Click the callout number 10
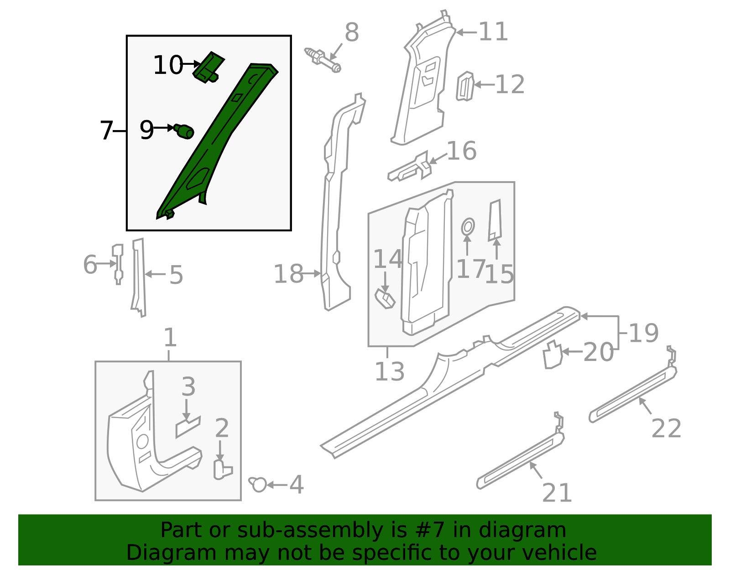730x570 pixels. pos(167,65)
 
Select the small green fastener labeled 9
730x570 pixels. pos(184,131)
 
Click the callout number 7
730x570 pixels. pos(106,131)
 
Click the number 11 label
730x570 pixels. pos(493,32)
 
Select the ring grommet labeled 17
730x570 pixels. pos(468,226)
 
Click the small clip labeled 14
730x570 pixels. pos(384,299)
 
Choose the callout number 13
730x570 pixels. pos(389,371)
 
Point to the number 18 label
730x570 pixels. pos(288,274)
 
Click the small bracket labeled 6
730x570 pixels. pos(118,264)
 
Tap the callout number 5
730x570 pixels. pos(176,276)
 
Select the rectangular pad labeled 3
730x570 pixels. pos(188,427)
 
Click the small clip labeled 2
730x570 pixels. pos(222,470)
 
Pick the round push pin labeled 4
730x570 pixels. pos(258,484)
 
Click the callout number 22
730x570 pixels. pos(666,429)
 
